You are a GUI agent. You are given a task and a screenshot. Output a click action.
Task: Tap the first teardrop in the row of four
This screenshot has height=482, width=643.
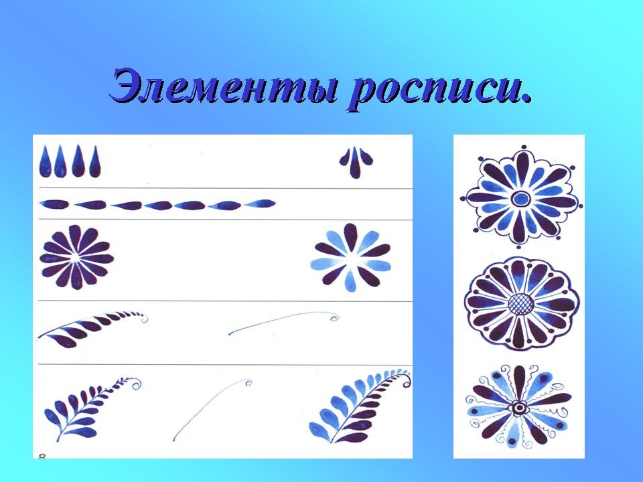(45, 161)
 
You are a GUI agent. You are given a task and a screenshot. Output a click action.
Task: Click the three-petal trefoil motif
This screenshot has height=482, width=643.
(356, 162)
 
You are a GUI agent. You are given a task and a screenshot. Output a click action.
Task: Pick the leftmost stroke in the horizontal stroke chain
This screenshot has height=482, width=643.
(54, 204)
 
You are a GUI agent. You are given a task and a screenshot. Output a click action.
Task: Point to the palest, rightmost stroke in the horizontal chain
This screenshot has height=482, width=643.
(260, 204)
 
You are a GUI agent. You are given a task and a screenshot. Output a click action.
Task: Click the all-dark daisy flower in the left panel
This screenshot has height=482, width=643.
(76, 257)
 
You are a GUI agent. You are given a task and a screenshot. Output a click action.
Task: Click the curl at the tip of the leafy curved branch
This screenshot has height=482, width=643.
(143, 318)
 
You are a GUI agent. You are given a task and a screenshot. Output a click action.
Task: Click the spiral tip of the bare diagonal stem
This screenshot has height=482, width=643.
(247, 383)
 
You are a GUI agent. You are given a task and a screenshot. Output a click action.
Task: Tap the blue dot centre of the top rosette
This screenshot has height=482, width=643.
(521, 199)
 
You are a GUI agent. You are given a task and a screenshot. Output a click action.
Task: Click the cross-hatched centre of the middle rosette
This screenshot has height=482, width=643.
(521, 304)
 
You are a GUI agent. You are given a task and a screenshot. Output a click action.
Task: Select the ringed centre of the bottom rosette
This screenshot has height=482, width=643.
(519, 408)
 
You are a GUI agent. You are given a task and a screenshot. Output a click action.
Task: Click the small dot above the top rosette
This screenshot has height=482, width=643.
(524, 147)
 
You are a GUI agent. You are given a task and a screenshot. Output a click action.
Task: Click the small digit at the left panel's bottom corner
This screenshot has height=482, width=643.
(42, 455)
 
